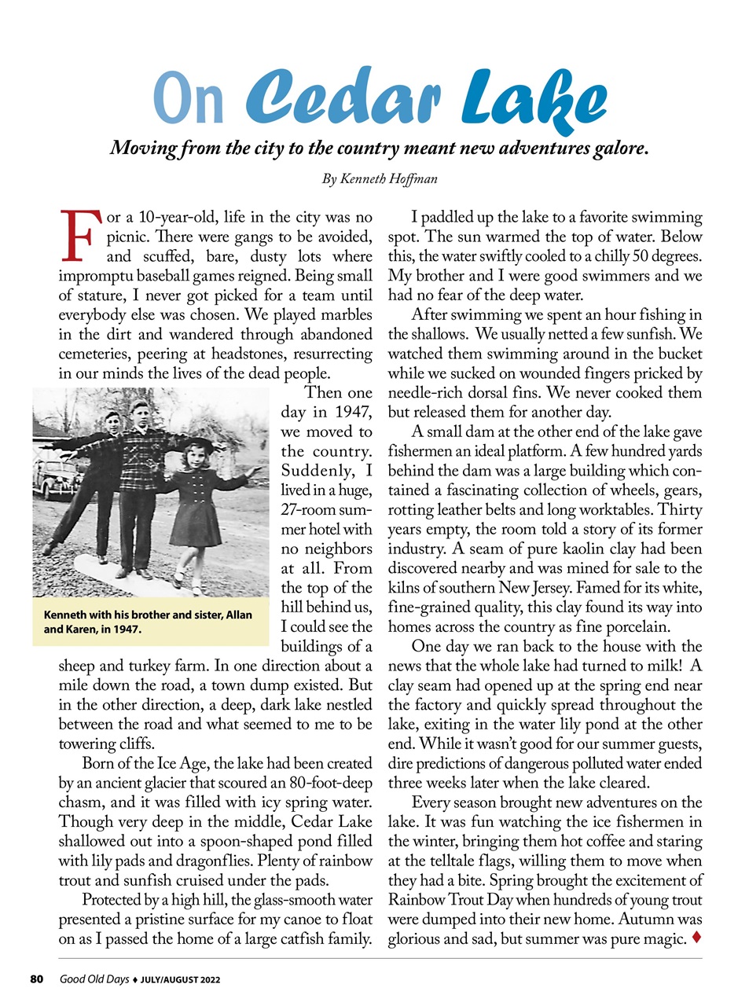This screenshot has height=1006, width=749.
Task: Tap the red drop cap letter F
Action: (79, 235)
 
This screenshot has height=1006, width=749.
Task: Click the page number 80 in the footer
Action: (36, 979)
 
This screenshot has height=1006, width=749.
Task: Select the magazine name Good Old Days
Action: (94, 979)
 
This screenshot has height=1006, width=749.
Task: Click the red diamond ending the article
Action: (696, 938)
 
